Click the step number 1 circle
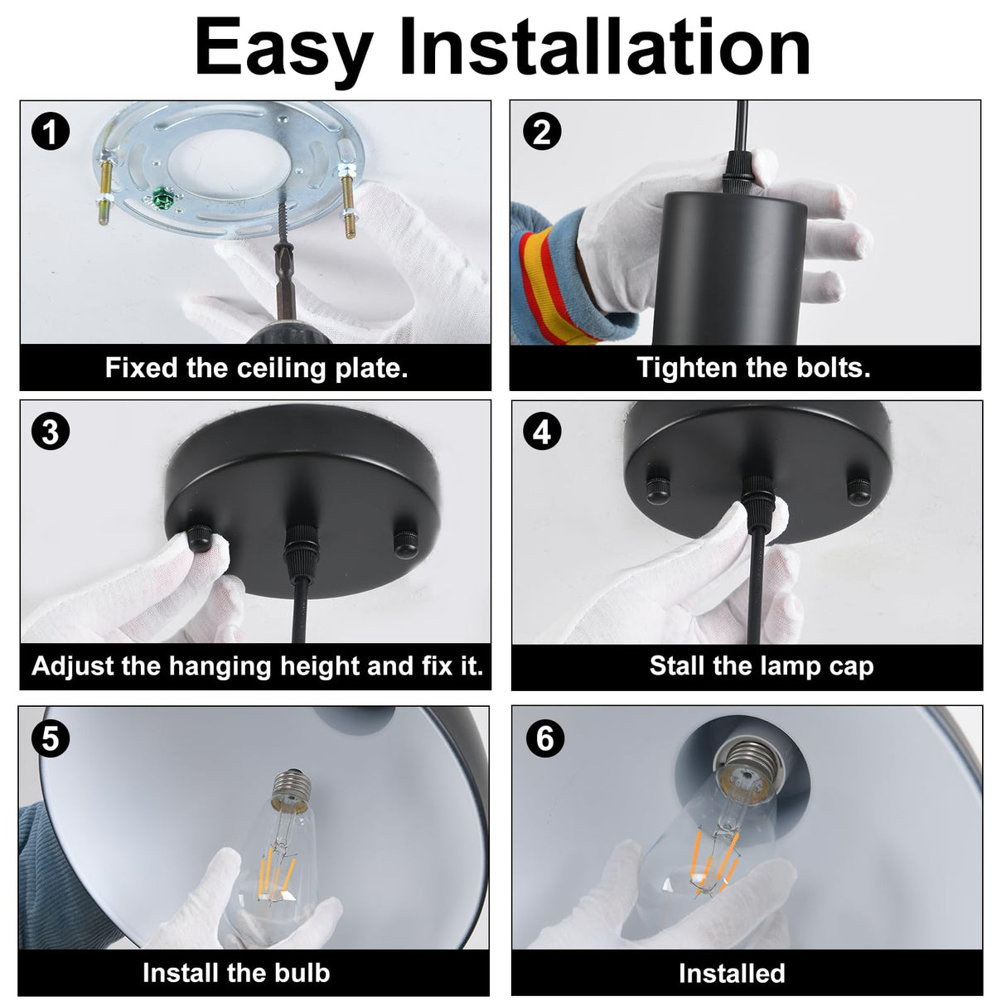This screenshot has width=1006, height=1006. (x=50, y=132)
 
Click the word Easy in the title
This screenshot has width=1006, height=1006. (x=284, y=52)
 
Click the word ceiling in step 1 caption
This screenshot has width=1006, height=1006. (x=283, y=369)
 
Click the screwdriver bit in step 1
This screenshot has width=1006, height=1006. (x=283, y=282)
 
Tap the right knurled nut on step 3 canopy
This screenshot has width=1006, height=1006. (x=406, y=544)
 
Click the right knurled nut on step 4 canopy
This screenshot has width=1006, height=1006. (x=859, y=491)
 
